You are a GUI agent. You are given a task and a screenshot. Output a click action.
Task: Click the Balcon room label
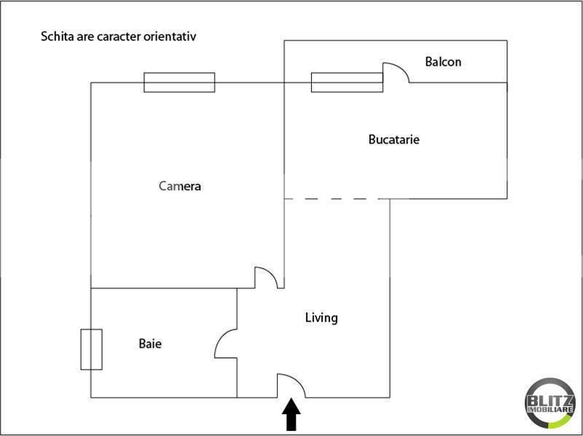pos(443,62)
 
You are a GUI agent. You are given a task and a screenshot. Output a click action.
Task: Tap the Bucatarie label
pos(394,139)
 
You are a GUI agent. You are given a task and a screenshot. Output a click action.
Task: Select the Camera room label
pos(180,186)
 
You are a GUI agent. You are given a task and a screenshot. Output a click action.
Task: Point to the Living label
pos(321,318)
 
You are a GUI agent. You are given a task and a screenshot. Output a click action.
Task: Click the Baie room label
pos(150,343)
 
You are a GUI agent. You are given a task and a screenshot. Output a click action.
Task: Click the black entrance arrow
pos(291,414)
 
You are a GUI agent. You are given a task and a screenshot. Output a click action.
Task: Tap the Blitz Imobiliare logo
pos(550,403)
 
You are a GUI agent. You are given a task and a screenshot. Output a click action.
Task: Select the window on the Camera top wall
pos(179,82)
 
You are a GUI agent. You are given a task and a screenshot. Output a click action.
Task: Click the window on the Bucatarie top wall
pos(347,82)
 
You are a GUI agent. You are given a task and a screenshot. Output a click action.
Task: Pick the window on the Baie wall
pos(92,349)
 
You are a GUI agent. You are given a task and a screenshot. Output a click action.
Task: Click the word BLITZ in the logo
pos(550,401)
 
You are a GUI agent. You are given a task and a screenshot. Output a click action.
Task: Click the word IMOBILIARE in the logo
pos(550,410)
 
